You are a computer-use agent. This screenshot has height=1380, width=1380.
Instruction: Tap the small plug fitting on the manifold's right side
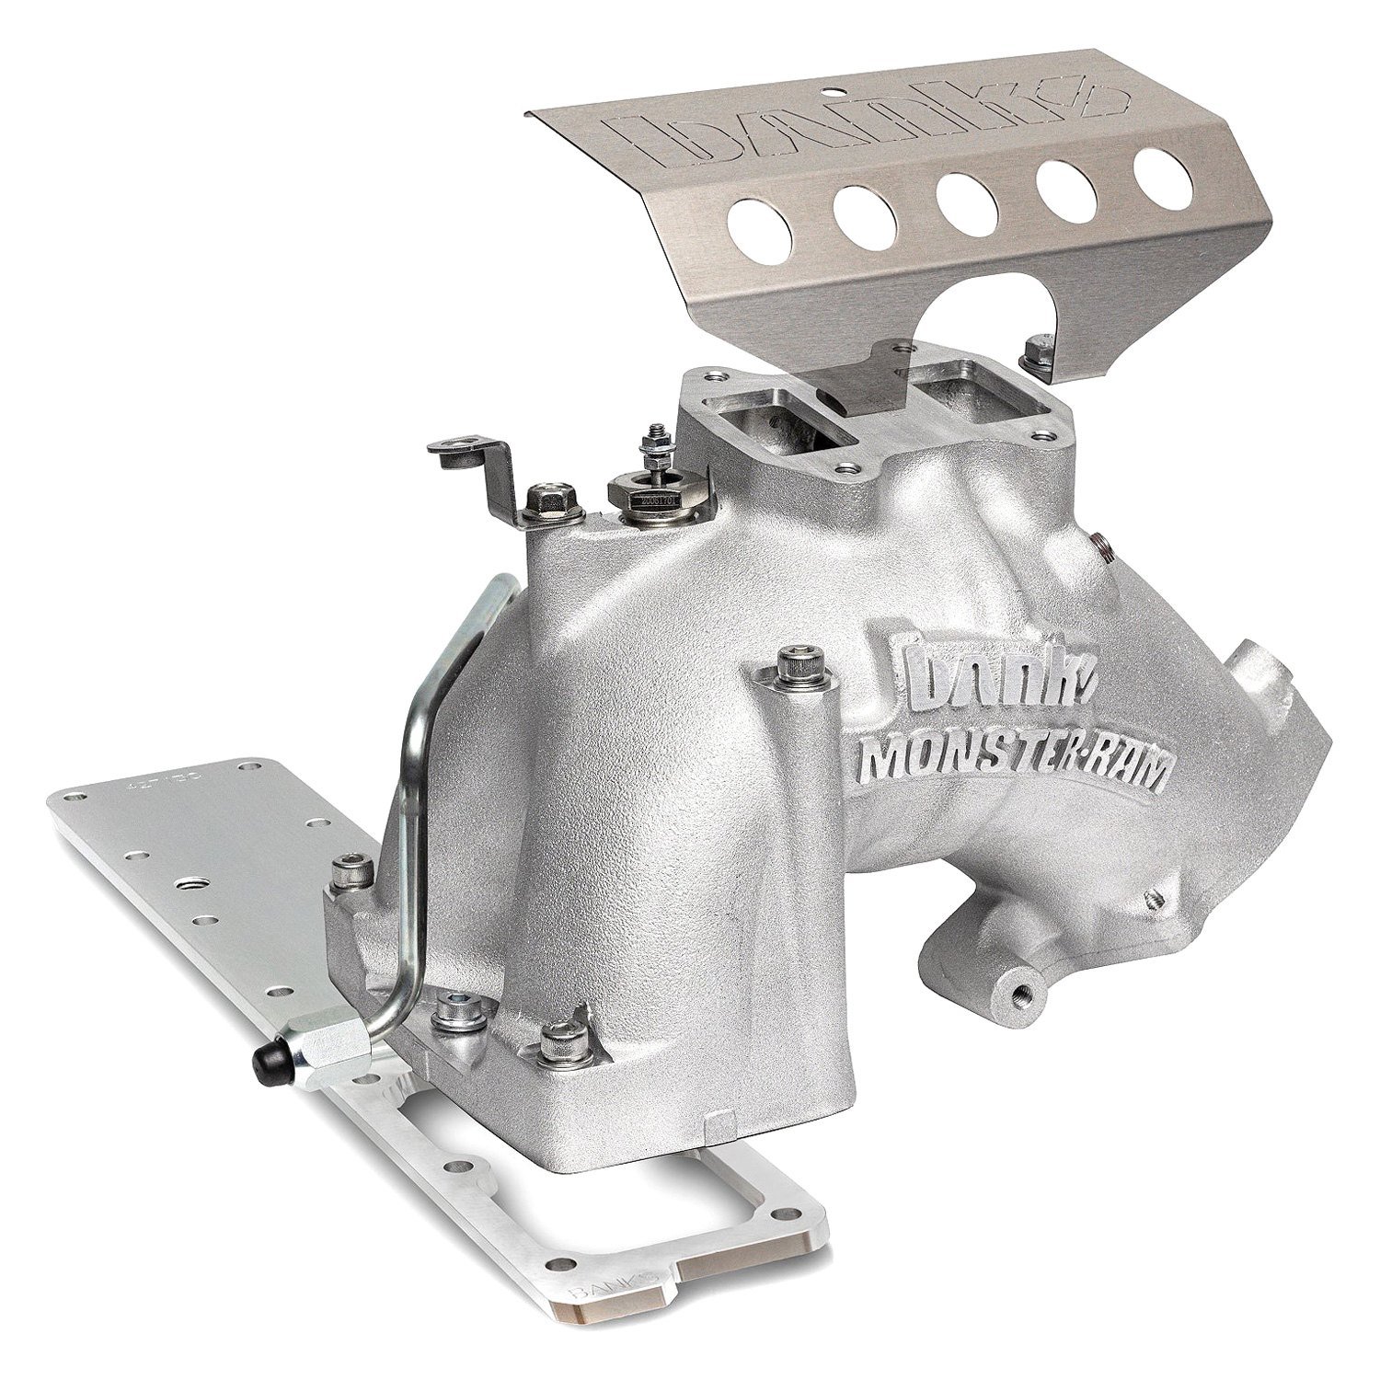tap(1100, 546)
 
